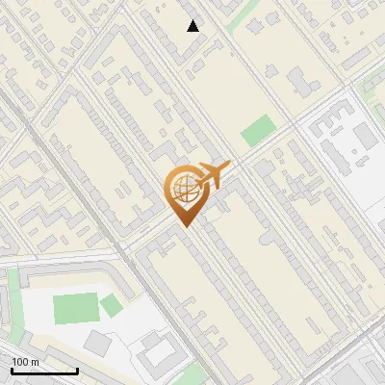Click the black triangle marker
coord(193,26)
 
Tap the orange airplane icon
coord(214,176)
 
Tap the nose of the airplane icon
coord(229,166)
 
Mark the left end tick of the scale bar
coord(12,370)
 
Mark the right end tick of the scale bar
coord(77,370)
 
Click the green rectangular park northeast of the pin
coord(257,130)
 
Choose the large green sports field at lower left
coord(75,309)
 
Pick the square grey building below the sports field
coord(98,343)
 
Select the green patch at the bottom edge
coord(193,375)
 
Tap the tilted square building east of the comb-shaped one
coord(365,136)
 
